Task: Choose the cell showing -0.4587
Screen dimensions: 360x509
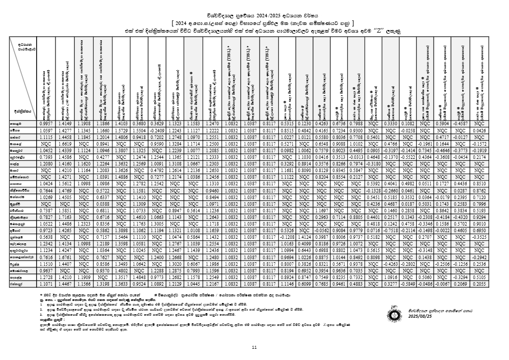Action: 460,124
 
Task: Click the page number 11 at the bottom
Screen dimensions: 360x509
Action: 254,348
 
